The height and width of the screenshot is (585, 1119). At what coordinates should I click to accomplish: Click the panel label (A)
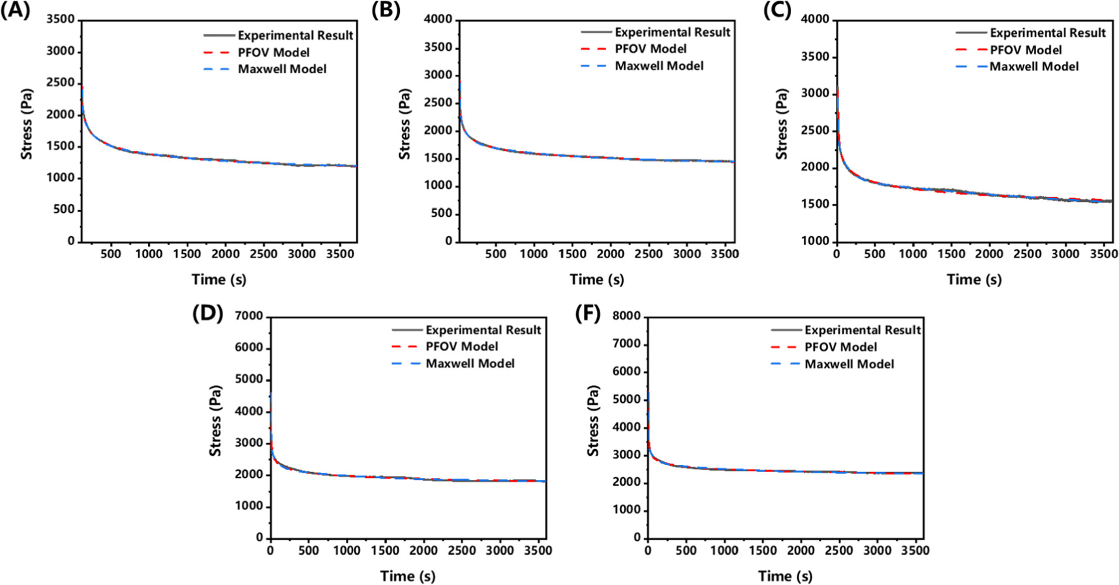(x=15, y=11)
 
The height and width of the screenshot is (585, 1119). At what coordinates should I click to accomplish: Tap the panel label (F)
(x=587, y=314)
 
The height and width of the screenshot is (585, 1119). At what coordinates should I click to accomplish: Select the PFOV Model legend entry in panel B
(x=650, y=49)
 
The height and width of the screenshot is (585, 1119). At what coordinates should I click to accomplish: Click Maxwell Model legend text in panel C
(x=1034, y=67)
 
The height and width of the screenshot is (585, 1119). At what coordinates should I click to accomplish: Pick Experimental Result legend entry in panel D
(x=483, y=330)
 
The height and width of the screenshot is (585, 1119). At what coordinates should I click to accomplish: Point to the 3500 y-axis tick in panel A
(x=61, y=20)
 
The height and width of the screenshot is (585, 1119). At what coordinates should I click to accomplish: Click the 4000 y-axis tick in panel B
(x=438, y=20)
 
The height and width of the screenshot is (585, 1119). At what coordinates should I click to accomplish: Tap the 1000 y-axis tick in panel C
(x=815, y=241)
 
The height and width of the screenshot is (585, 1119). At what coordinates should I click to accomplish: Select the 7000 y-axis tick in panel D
(x=249, y=316)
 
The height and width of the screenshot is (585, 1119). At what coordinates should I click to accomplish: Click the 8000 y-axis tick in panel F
(x=626, y=316)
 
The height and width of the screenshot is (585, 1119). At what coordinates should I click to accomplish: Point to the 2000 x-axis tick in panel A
(x=225, y=254)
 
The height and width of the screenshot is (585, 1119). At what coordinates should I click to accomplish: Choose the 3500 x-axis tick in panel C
(x=1104, y=254)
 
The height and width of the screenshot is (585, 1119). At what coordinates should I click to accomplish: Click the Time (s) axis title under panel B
(x=596, y=279)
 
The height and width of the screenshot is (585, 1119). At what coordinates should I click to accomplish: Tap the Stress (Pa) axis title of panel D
(x=215, y=420)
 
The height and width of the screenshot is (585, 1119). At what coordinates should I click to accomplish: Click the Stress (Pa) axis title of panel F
(x=592, y=420)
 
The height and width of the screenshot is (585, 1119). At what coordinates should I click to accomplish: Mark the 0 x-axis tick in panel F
(x=647, y=550)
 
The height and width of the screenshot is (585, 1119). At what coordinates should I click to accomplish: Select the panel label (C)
(x=777, y=11)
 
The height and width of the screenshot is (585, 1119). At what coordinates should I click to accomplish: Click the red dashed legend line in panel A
(x=217, y=53)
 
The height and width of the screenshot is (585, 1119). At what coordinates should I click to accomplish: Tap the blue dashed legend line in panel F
(x=785, y=364)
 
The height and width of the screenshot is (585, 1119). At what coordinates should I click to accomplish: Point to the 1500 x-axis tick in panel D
(x=385, y=550)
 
